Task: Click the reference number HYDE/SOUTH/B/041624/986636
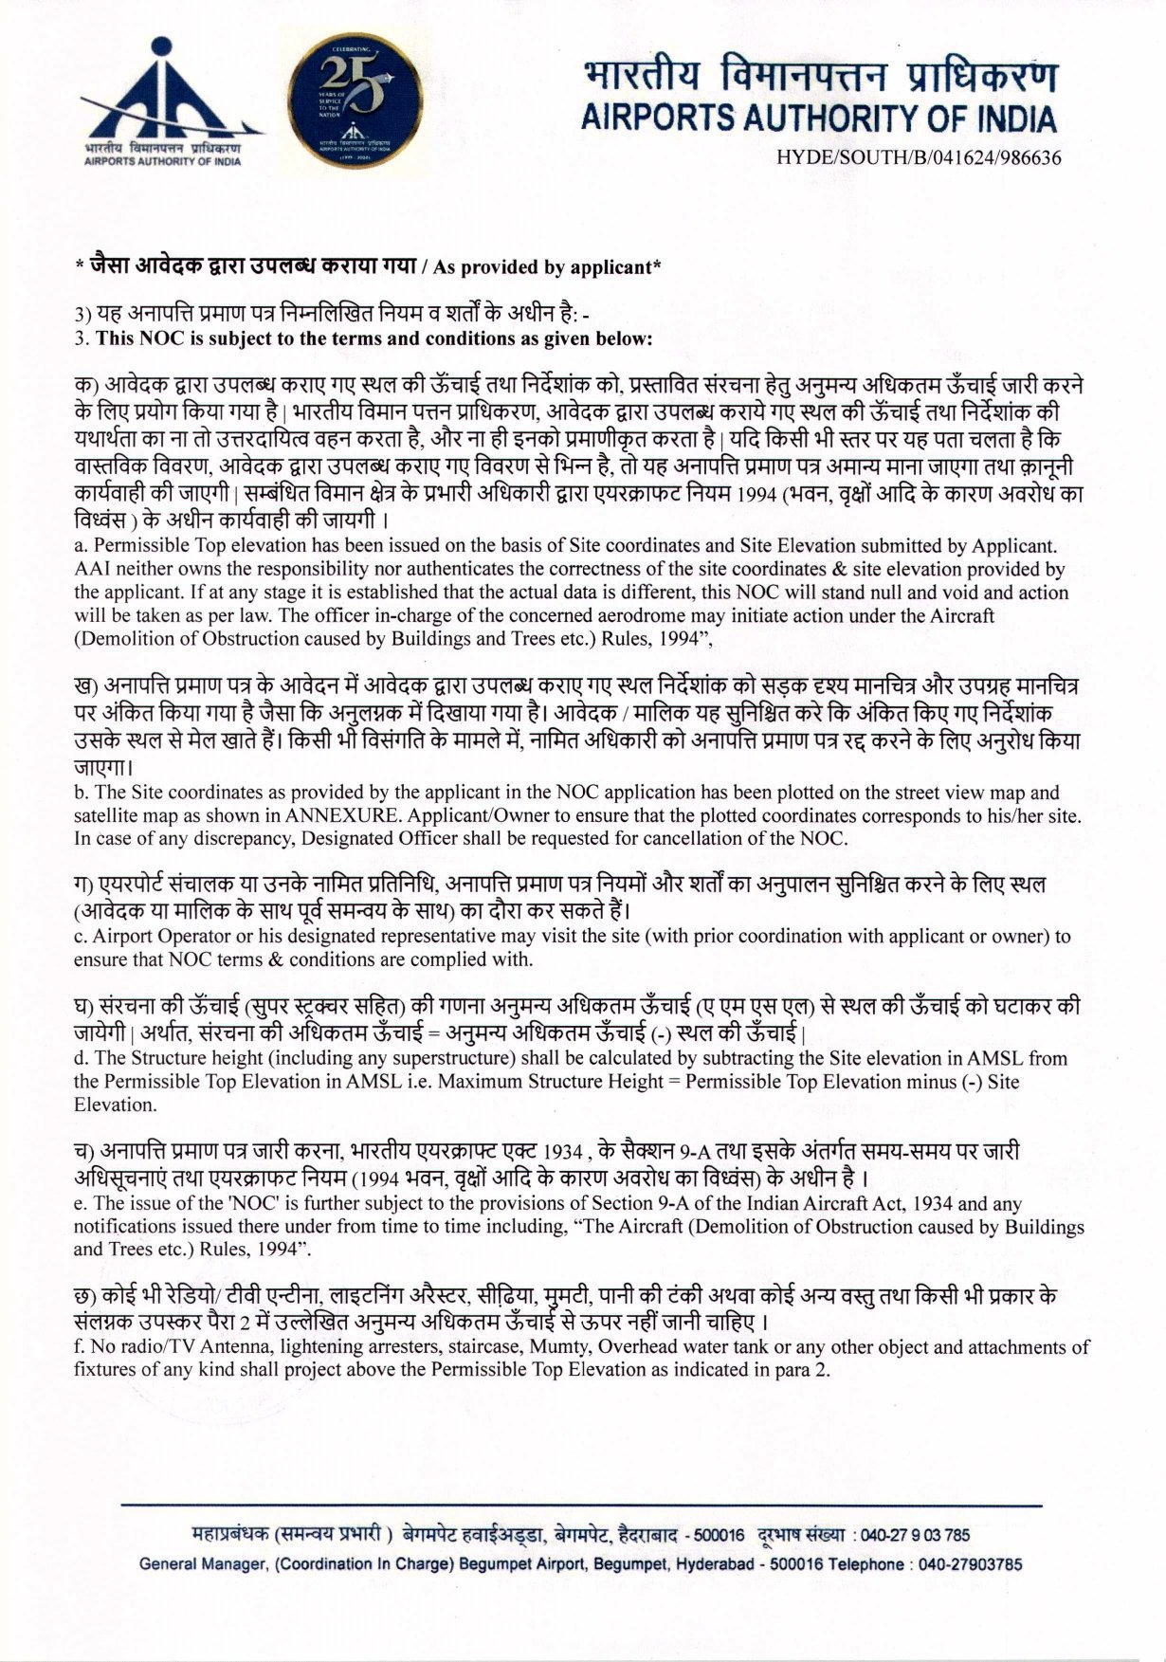tap(918, 158)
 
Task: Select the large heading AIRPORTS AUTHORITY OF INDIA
tap(818, 119)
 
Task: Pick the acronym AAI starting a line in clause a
tap(90, 570)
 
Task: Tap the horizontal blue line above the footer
tap(582, 1506)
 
